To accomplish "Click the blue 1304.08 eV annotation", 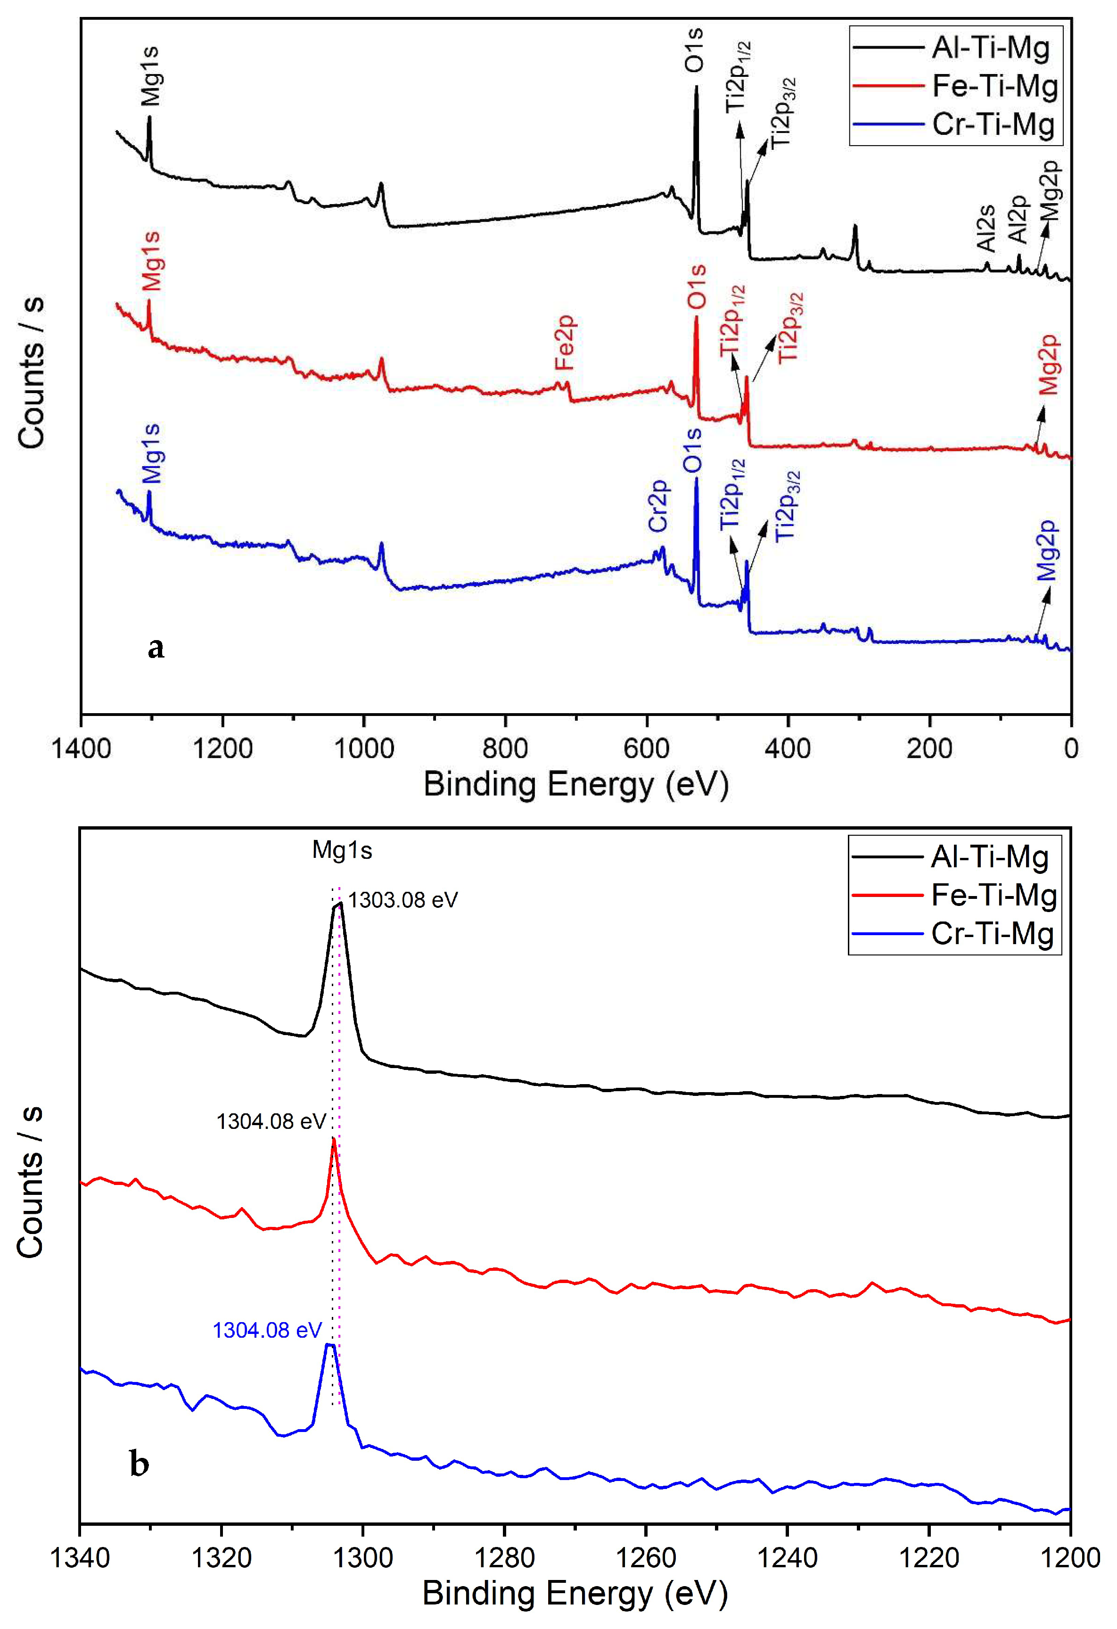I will pyautogui.click(x=267, y=1330).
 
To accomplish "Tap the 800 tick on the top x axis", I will pyautogui.click(x=505, y=749).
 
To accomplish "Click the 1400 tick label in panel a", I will pyautogui.click(x=81, y=749).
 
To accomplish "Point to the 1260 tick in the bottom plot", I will pyautogui.click(x=645, y=1557).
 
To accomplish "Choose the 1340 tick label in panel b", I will pyautogui.click(x=81, y=1557).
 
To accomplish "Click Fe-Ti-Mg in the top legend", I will pyautogui.click(x=994, y=86).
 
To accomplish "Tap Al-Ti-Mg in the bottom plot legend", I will pyautogui.click(x=989, y=856).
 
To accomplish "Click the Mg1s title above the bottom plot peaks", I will pyautogui.click(x=342, y=850).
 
